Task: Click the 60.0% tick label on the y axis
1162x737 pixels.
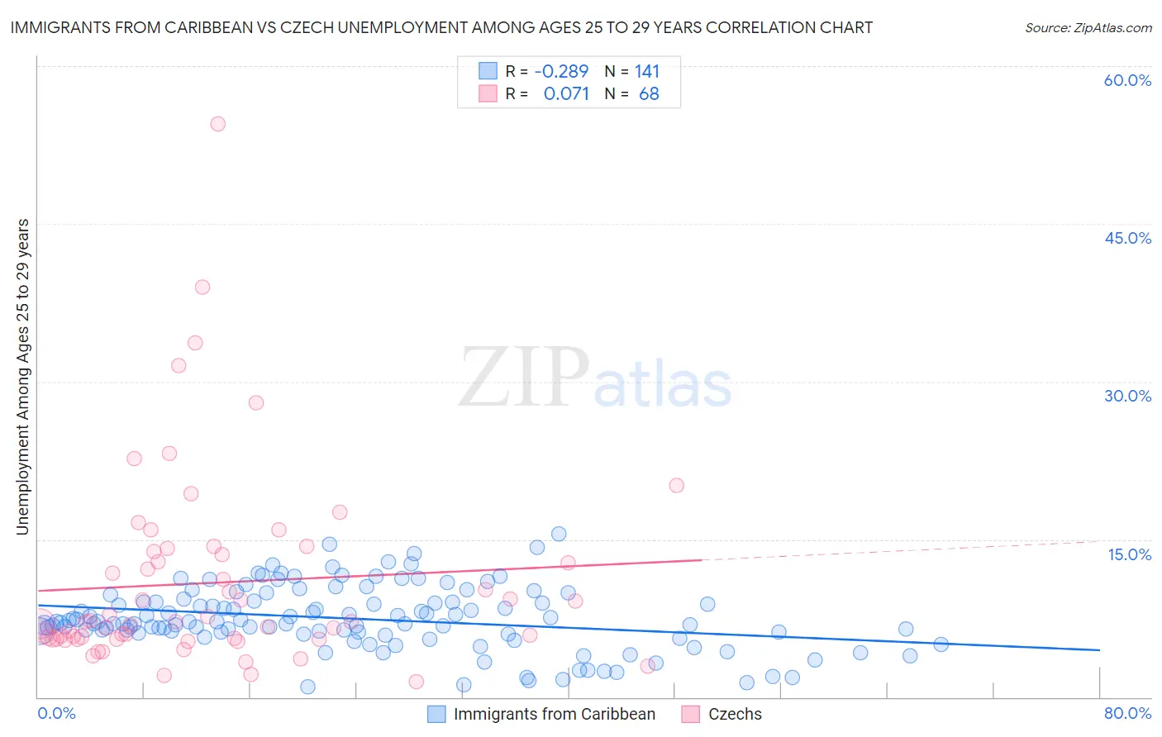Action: coord(1127,80)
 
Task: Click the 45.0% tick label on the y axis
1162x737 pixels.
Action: coord(1127,238)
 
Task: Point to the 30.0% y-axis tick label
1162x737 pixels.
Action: coord(1127,396)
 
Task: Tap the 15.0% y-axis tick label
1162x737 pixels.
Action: coord(1129,554)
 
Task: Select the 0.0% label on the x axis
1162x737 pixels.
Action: coord(56,713)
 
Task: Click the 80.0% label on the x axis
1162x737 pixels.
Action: coord(1127,713)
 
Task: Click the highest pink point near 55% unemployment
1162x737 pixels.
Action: coord(217,124)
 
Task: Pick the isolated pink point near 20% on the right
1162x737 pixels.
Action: coord(676,485)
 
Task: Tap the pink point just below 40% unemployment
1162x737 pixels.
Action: coord(202,288)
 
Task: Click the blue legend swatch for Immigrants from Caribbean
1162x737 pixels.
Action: coord(436,714)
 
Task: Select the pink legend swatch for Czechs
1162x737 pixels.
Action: coord(691,714)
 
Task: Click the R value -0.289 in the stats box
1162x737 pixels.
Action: coord(561,72)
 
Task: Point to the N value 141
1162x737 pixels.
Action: coord(647,72)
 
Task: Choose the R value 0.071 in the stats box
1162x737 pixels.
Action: coord(566,94)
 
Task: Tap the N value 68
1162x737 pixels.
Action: coord(649,94)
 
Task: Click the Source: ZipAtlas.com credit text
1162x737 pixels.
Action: coord(1088,27)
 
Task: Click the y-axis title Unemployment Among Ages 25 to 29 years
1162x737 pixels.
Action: coord(23,376)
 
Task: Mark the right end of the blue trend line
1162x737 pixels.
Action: coord(1098,650)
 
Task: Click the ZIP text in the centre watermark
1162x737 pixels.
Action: coord(523,378)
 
